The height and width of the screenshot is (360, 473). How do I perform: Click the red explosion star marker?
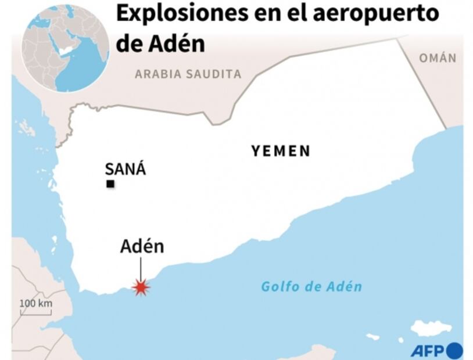pyautogui.click(x=141, y=287)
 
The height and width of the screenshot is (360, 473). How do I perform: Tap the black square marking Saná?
pyautogui.click(x=110, y=185)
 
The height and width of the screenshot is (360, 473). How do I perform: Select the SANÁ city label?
pyautogui.click(x=125, y=170)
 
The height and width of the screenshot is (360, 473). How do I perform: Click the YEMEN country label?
pyautogui.click(x=281, y=152)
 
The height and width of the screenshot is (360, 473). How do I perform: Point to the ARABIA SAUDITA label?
pyautogui.click(x=188, y=74)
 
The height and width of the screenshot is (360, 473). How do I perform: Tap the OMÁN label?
pyautogui.click(x=438, y=58)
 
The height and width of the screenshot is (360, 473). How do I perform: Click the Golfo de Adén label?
pyautogui.click(x=311, y=286)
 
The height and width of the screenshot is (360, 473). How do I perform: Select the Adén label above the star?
pyautogui.click(x=142, y=246)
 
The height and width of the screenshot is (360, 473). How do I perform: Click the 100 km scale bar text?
pyautogui.click(x=36, y=303)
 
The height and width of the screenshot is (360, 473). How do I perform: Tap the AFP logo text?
pyautogui.click(x=428, y=351)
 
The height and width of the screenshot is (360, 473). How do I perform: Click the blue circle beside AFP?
pyautogui.click(x=455, y=351)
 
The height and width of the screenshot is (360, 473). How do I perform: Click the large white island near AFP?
pyautogui.click(x=431, y=329)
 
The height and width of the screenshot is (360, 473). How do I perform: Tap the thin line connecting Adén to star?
pyautogui.click(x=141, y=268)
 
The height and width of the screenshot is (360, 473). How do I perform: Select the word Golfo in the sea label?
pyautogui.click(x=277, y=286)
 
